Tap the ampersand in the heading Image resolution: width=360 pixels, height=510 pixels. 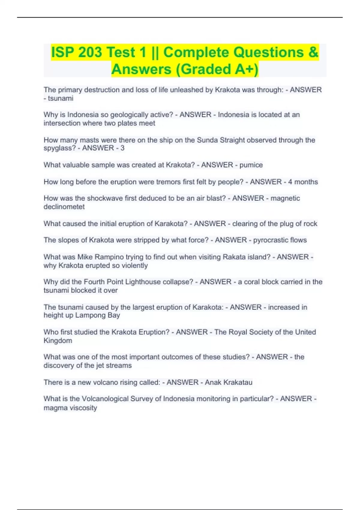[x=313, y=52]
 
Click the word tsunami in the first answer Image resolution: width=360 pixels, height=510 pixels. [x=61, y=98]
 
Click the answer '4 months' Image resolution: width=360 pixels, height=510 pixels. [x=303, y=182]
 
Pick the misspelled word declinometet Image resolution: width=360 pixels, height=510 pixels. [x=64, y=207]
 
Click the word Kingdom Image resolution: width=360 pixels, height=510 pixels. [x=58, y=341]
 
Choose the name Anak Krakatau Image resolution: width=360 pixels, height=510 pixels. [x=229, y=382]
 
